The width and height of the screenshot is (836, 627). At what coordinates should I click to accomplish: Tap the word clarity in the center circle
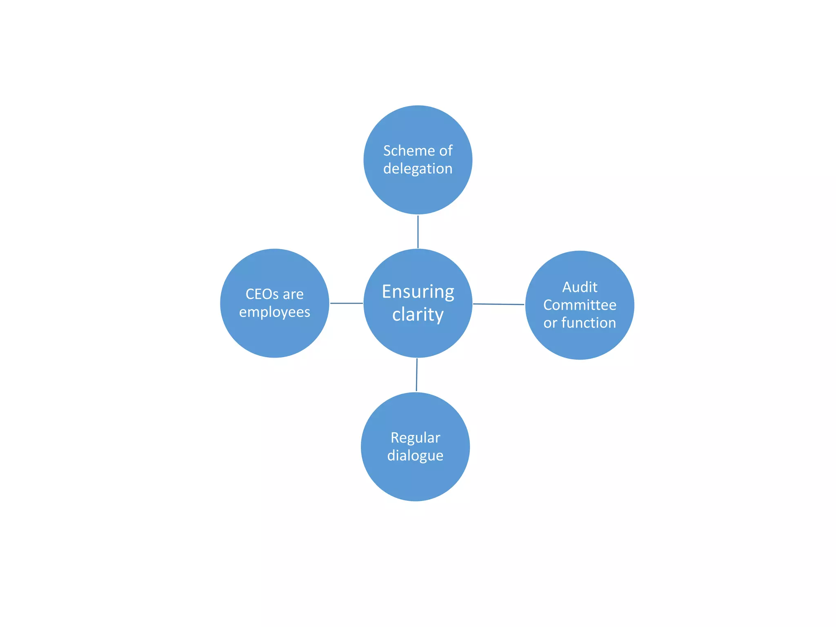418,315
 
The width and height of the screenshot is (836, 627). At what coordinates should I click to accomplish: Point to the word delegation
418,169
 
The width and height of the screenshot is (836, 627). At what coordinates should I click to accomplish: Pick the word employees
274,312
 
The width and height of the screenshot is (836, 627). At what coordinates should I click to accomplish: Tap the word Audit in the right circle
580,287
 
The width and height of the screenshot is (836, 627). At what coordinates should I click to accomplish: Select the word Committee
580,305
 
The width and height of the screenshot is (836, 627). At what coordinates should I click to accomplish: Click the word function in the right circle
589,323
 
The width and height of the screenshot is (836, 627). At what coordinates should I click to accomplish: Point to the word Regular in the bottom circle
415,438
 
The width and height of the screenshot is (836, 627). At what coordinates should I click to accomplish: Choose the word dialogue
415,456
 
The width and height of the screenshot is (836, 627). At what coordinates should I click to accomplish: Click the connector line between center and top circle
418,232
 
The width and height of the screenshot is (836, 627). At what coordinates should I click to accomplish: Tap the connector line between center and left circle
346,303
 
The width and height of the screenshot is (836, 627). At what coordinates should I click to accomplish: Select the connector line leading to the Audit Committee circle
498,304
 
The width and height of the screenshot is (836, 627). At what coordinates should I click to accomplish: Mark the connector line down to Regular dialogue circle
417,375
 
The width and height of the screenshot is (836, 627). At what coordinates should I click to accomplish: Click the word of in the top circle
446,151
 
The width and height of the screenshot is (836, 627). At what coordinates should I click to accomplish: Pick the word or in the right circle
550,323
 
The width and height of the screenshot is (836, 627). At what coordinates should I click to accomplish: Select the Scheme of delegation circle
418,192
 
